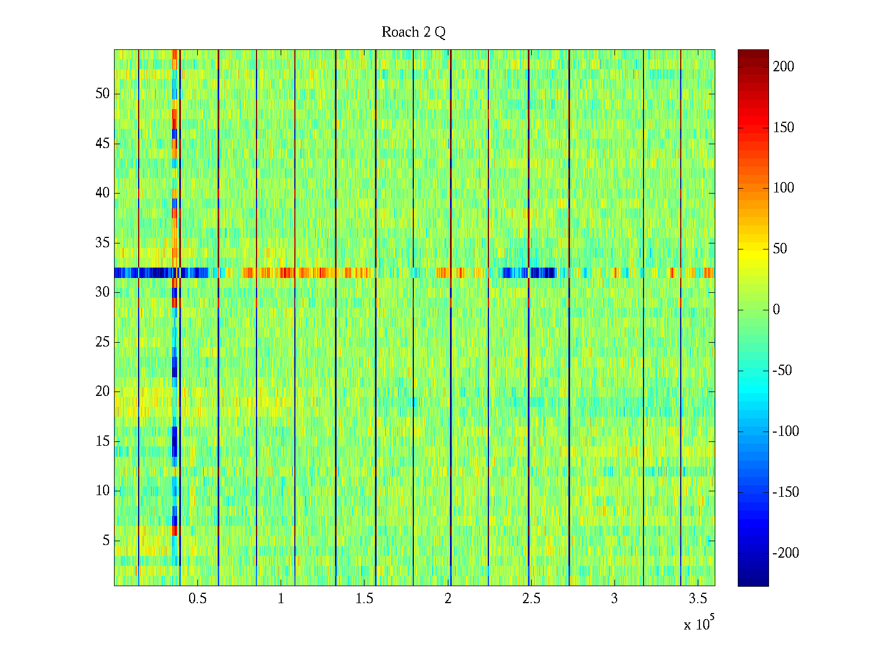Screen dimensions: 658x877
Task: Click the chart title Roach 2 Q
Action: point(413,32)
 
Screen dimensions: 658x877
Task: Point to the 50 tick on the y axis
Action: point(102,94)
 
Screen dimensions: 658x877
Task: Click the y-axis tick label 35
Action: point(102,242)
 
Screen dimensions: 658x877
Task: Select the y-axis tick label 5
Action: point(106,541)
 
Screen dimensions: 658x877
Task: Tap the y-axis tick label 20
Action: point(102,392)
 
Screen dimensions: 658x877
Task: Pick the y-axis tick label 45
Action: point(102,144)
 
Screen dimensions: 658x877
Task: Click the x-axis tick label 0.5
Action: point(197,599)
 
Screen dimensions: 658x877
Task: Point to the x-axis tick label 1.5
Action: point(365,599)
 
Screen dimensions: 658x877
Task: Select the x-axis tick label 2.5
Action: point(531,599)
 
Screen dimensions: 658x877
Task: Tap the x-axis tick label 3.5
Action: point(698,599)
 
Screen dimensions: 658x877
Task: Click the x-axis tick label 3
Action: point(614,599)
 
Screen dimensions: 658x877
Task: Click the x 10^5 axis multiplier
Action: point(699,624)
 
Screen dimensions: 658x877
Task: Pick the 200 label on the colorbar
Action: point(783,67)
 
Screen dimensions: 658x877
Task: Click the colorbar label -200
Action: point(785,553)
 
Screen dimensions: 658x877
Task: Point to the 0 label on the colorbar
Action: point(776,310)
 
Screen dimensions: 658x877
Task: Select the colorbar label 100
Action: point(783,188)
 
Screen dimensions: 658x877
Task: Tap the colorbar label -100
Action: point(785,432)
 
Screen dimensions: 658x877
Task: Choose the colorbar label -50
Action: point(782,371)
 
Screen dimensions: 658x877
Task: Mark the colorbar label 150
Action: point(783,128)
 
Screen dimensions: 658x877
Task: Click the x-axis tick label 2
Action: point(448,599)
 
